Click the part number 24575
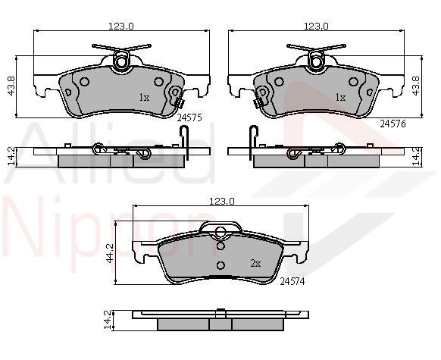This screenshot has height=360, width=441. [x=189, y=117]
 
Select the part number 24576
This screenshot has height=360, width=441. [x=393, y=124]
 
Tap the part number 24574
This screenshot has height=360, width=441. [x=292, y=281]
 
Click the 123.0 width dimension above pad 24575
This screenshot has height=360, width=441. [x=121, y=27]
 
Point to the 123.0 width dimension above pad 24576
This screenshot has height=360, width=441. [x=316, y=27]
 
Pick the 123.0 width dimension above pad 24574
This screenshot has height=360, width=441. [x=221, y=202]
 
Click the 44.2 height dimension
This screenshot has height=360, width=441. [x=109, y=253]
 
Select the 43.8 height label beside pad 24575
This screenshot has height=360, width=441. [x=11, y=86]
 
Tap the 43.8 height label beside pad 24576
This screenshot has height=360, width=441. [x=416, y=86]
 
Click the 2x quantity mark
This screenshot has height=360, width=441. [x=255, y=264]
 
